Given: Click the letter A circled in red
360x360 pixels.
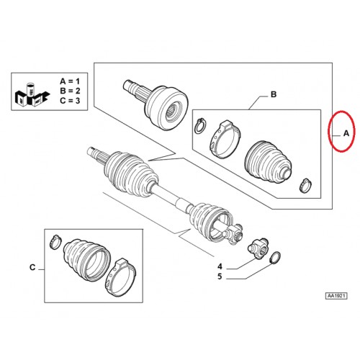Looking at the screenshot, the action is [346, 133].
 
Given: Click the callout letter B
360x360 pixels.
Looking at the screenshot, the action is [274, 94].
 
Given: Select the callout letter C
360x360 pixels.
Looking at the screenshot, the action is [32, 267].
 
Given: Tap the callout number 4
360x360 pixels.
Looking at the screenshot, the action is [220, 266].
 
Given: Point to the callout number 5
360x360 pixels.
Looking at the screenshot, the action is [220, 276].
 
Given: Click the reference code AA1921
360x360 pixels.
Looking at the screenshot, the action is [336, 296].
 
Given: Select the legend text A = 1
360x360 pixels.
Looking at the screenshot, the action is [70, 81].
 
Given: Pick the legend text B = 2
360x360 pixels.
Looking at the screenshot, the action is [70, 91].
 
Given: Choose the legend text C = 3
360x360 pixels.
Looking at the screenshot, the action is [70, 101].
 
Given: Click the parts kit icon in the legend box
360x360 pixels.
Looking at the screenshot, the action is [32, 95].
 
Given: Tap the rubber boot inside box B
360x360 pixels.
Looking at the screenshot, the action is [269, 162].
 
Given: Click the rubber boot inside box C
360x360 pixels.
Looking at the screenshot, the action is [86, 260].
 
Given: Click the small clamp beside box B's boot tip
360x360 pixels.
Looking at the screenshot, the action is [306, 185].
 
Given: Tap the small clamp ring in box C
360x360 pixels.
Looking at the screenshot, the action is [55, 243].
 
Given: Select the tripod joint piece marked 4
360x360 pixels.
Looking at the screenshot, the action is [257, 248].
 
